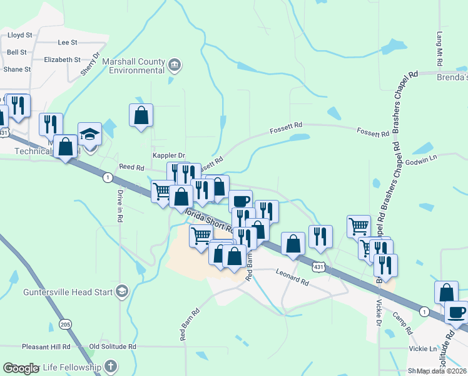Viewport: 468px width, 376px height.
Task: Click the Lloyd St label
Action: click(19, 36)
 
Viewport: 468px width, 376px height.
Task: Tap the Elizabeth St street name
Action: click(63, 60)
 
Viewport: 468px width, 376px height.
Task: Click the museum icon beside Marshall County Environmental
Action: click(175, 63)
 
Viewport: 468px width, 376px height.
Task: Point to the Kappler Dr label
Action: click(169, 155)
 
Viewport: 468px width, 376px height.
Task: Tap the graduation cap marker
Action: click(89, 135)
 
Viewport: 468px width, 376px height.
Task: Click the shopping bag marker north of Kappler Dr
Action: click(141, 116)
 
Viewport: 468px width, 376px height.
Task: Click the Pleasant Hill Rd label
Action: click(46, 347)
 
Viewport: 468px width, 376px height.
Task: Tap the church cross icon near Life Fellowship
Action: click(110, 366)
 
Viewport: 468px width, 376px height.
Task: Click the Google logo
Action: click(22, 368)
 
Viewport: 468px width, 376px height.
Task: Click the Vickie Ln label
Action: click(423, 348)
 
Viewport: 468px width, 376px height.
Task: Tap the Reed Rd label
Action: click(131, 168)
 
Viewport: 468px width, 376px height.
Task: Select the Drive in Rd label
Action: click(119, 206)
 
